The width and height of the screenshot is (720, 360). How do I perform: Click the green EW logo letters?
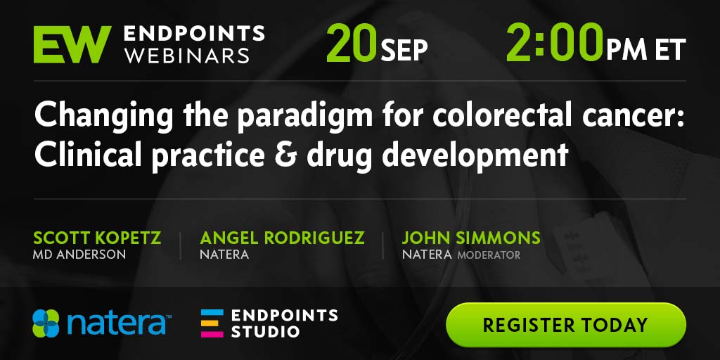72,44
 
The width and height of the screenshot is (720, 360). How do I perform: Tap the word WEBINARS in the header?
187,56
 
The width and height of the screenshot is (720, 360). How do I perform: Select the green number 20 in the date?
352,44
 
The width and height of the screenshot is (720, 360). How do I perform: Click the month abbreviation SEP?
404,50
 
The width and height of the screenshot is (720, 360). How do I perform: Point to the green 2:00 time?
555,43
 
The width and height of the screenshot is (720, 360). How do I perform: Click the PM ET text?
646,49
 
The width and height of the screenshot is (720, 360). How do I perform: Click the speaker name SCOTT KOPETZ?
97,238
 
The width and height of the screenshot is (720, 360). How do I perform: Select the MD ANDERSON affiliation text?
79,255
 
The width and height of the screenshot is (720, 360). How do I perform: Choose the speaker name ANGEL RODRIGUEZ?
283,238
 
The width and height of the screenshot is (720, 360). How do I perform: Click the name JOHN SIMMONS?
471,238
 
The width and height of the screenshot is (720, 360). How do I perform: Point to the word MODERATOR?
489,255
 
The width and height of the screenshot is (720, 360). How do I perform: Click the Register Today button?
566,325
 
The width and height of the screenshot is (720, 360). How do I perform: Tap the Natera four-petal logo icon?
46,323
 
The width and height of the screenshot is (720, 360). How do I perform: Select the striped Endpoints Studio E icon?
212,323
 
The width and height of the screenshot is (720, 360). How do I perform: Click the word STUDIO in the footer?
265,331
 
